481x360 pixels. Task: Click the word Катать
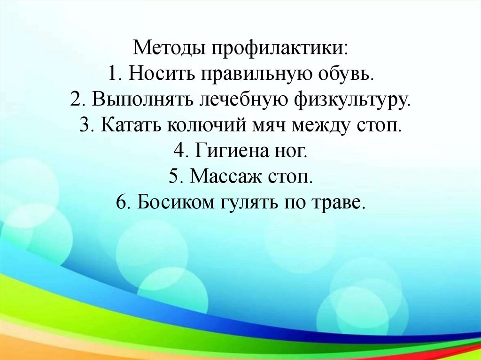pos(127,126)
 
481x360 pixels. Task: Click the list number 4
pos(179,152)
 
